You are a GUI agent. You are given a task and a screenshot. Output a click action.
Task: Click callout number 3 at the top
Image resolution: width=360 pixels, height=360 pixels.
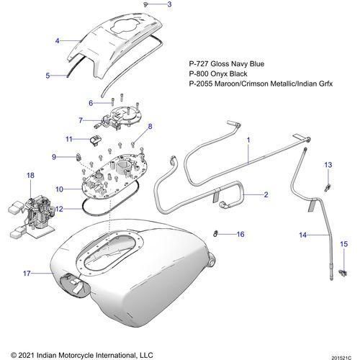(x=169, y=4)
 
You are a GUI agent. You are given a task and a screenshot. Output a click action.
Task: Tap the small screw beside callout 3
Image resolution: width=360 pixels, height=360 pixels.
(x=145, y=4)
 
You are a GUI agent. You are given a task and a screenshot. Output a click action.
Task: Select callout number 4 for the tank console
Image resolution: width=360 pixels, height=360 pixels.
(x=57, y=41)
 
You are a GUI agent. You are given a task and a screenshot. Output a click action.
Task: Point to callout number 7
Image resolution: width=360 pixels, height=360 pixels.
(x=81, y=120)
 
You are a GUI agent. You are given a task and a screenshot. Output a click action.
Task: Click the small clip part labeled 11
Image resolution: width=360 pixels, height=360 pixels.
(x=96, y=140)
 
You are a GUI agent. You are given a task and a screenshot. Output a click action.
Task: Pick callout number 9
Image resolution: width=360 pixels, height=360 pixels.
(x=54, y=157)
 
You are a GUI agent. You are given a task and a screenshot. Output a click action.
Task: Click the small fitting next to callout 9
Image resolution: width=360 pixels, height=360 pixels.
(x=78, y=157)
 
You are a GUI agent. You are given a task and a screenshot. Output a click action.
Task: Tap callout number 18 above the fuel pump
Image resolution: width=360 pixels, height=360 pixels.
(x=30, y=176)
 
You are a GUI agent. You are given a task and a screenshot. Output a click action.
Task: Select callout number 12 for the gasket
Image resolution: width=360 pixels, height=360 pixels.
(x=59, y=209)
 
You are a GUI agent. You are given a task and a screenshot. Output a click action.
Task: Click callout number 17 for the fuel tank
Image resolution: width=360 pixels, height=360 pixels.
(x=27, y=273)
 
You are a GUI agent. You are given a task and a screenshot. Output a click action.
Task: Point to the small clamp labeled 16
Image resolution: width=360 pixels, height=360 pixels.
(x=215, y=233)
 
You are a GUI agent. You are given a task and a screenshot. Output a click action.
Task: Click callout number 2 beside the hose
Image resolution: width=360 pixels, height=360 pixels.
(x=266, y=194)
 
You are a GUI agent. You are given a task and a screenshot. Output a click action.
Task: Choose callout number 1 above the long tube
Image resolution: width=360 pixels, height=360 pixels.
(x=248, y=140)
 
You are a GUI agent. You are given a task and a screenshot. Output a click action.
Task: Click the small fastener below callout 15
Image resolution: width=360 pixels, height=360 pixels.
(x=343, y=273)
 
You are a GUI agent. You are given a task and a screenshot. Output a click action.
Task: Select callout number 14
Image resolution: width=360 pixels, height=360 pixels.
(x=303, y=235)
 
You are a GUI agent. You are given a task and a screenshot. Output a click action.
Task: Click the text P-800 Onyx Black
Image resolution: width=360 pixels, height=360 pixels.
(x=218, y=73)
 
